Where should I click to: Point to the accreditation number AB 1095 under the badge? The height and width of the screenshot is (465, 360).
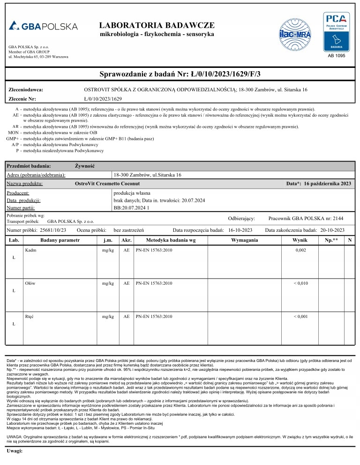point(336,56)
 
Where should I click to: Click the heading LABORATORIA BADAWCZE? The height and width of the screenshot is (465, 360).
point(157,25)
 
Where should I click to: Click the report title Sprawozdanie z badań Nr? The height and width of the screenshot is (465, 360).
point(180,74)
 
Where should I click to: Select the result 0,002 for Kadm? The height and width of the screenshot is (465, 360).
point(300,251)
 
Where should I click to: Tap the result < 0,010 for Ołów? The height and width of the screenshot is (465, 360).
point(300,283)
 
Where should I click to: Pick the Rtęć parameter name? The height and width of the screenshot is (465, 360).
point(30,316)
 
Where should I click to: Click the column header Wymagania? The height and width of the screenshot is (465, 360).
point(245,240)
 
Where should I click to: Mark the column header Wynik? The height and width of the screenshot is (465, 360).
point(300,240)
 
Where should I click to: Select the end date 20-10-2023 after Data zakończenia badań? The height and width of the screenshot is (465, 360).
point(329,230)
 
